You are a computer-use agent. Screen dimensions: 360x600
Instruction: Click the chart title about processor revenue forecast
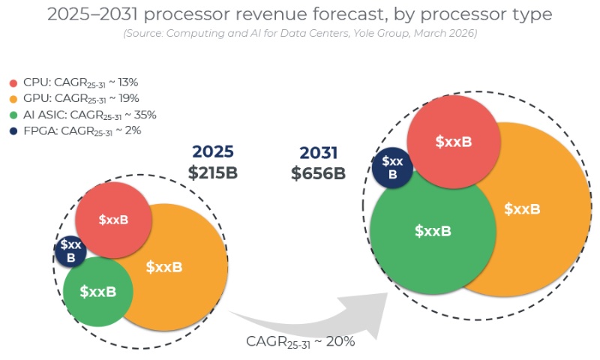tap(300, 13)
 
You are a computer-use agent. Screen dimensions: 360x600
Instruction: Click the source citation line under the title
tap(300, 34)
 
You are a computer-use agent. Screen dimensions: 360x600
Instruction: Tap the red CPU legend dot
tap(13, 83)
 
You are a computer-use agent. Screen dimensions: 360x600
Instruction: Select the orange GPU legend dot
tap(13, 99)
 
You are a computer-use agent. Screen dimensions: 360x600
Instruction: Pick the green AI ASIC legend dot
tap(13, 115)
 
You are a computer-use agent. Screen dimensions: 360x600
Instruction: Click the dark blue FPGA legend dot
tap(13, 130)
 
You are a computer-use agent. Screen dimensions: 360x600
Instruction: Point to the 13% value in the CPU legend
tap(145, 83)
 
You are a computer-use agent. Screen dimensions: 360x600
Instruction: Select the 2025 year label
tap(213, 151)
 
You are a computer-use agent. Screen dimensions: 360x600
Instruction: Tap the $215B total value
tap(213, 172)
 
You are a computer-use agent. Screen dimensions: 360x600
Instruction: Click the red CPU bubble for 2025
tap(114, 219)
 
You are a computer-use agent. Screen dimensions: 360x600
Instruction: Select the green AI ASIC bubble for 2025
tap(98, 291)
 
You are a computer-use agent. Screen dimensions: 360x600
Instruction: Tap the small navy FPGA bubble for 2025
tap(71, 250)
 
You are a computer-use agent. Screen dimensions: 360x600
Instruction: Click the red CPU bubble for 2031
tap(454, 141)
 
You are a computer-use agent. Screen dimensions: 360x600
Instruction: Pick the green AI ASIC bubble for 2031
tap(433, 231)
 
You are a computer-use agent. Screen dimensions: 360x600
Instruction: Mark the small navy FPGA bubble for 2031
tap(392, 166)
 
